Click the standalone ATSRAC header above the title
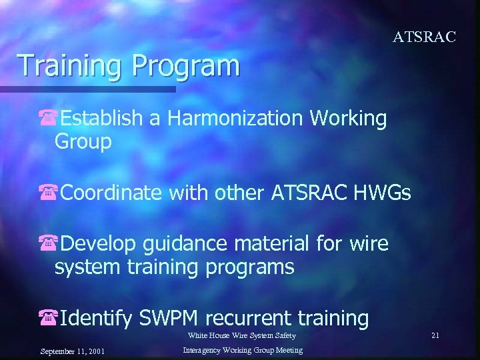424,37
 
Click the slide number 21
435,335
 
